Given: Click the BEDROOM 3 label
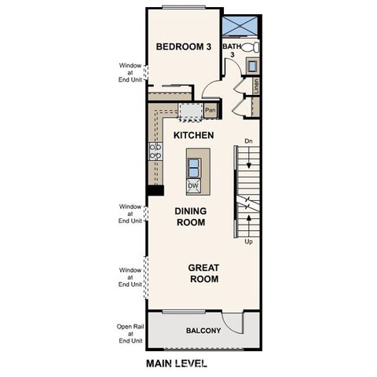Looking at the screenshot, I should point(184,47).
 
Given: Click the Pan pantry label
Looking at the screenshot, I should point(210,111).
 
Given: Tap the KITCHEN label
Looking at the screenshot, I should point(194,136).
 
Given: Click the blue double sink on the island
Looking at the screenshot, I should point(193,167).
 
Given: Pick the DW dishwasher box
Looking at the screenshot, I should point(193,186).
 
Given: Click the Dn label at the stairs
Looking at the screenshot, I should point(248,141).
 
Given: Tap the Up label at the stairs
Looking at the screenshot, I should point(248,242).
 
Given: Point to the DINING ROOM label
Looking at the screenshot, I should point(189,217).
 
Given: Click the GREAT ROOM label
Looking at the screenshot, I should point(203,273).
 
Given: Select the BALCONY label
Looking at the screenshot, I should point(203,331).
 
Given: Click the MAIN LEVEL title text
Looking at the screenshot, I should point(177,364).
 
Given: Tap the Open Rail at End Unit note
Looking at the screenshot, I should point(130,334).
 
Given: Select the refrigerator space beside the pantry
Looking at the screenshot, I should point(189,112).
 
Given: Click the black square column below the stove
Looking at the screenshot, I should point(155,190).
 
